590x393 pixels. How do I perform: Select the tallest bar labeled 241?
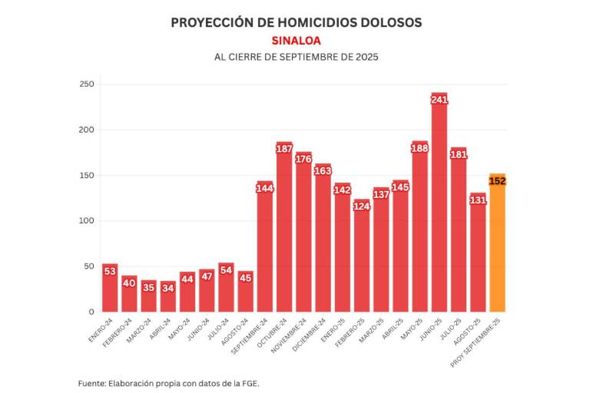439,215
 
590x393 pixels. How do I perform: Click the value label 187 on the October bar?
284,148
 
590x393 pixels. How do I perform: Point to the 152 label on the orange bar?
497,181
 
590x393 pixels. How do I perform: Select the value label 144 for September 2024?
265,188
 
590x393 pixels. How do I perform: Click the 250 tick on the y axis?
86,84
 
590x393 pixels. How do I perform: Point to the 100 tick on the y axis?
86,221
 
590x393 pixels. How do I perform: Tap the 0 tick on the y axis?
90,312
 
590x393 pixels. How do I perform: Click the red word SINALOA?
296,41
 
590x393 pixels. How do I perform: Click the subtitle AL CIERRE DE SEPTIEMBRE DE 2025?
296,58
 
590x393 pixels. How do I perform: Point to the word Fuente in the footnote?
94,382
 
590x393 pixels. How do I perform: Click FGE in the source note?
250,382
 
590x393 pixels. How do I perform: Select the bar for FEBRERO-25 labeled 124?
362,261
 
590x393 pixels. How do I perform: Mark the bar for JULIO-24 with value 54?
227,296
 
